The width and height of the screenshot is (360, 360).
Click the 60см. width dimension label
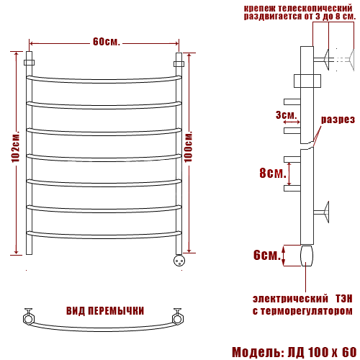coord(106,42)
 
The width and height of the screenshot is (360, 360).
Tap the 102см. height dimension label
coord(15,146)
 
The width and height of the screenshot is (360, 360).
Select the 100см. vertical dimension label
coord(189,146)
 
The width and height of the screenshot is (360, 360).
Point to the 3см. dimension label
coord(287,115)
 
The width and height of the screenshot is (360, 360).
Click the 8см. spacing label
coord(273,173)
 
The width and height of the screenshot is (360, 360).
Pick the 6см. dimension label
coord(267,255)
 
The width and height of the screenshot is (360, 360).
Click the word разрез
coord(338,120)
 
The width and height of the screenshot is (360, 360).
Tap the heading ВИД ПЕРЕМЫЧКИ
coord(105,311)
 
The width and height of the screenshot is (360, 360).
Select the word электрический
coord(290,299)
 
